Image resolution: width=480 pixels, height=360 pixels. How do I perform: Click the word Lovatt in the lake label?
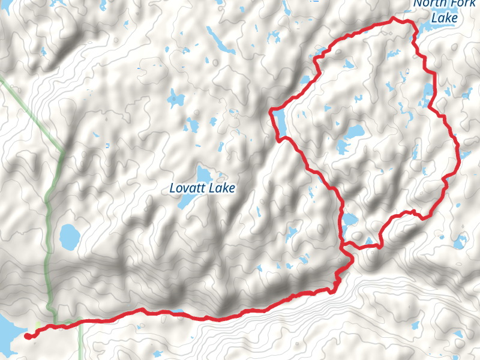click(x=187, y=188)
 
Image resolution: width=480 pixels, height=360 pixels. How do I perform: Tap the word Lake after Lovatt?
click(x=221, y=188)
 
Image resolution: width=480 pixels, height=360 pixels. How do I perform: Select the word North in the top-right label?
click(x=429, y=4)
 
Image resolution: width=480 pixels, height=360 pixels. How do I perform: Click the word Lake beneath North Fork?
click(x=445, y=19)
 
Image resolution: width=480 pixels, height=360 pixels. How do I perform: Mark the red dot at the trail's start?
click(x=28, y=337)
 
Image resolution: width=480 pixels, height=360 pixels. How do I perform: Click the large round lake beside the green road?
click(x=69, y=237)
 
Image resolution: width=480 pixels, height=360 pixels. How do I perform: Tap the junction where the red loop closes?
click(x=343, y=245)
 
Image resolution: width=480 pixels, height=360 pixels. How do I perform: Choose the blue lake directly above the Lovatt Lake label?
click(x=202, y=174)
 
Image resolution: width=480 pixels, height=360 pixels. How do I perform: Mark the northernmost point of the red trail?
click(x=394, y=19)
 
